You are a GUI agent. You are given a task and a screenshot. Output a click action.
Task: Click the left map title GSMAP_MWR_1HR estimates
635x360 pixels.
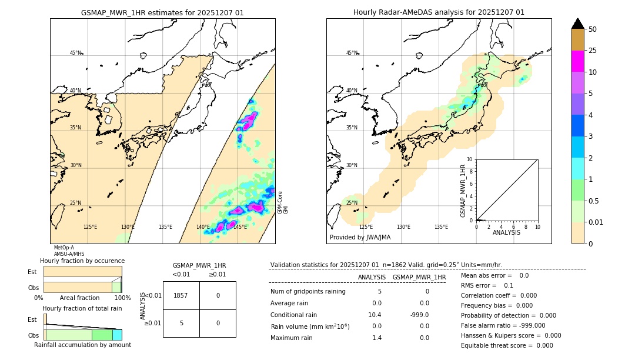(x=162, y=12)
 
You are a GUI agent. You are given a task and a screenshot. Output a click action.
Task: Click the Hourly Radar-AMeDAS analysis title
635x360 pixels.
(x=439, y=12)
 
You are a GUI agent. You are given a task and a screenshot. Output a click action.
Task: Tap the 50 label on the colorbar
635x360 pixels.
(x=593, y=29)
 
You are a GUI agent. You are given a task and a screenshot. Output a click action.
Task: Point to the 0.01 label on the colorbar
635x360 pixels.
(x=596, y=222)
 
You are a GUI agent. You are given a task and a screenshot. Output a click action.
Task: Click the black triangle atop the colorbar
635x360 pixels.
(x=577, y=24)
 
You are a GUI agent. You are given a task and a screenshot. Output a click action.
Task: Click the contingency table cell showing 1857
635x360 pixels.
(x=181, y=295)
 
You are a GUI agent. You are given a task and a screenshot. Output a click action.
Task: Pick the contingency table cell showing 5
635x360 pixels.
(x=181, y=323)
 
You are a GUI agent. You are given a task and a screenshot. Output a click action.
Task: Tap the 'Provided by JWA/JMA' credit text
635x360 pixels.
(x=360, y=238)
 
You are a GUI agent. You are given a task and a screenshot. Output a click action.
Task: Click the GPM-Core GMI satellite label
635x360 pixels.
(x=283, y=202)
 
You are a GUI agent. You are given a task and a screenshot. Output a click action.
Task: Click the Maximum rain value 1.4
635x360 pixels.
(x=377, y=338)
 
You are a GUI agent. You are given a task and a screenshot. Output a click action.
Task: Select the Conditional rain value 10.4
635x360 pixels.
(x=375, y=315)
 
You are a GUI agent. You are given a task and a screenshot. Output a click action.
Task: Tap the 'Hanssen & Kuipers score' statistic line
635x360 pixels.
(x=510, y=335)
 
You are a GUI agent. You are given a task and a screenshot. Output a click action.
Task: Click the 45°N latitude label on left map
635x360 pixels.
(x=76, y=53)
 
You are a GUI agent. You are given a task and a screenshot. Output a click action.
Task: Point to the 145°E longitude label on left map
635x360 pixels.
(x=240, y=227)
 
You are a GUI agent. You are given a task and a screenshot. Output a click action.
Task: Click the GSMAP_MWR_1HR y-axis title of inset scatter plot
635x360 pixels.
(x=463, y=191)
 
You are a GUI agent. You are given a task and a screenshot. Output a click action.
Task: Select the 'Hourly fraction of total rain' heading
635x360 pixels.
(x=82, y=309)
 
